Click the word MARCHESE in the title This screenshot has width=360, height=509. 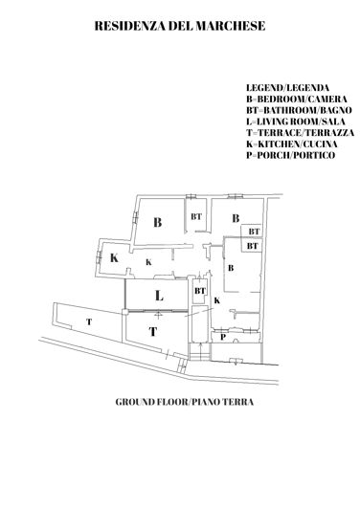coord(227,30)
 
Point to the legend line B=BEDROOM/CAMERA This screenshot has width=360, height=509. coord(295,100)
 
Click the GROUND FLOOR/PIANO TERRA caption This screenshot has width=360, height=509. coord(180,403)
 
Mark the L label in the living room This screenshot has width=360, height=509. coord(159,297)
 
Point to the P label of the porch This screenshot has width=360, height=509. coord(222,337)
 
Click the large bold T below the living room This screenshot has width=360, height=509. coord(152,332)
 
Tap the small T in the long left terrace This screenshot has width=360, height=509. coord(88,322)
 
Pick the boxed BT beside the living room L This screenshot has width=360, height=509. coord(200,290)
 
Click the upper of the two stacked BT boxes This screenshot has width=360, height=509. coord(254,231)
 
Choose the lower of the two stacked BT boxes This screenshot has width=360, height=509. coord(252,246)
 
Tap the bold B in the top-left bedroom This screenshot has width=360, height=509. coord(156,222)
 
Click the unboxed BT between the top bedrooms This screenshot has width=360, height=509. coord(196,216)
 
